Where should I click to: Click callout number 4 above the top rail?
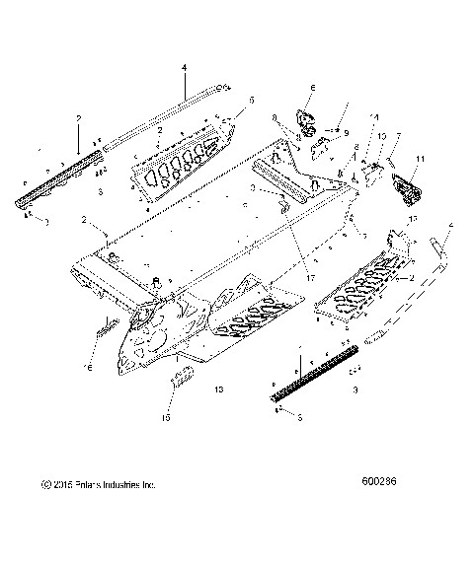(184, 68)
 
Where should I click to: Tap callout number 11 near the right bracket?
(420, 158)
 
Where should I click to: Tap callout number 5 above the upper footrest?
(252, 101)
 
